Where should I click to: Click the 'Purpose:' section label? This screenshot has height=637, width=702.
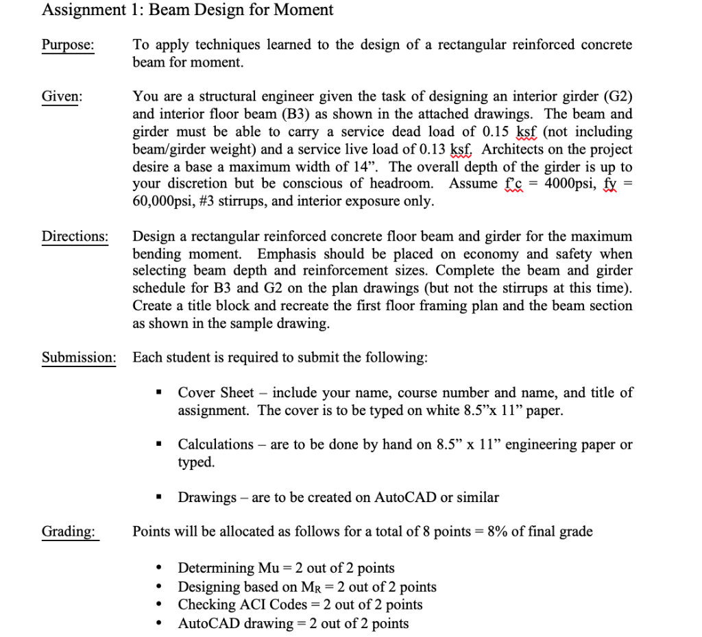click(x=68, y=45)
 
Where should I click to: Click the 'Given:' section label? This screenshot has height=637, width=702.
click(x=62, y=97)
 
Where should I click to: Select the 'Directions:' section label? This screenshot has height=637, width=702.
click(x=75, y=236)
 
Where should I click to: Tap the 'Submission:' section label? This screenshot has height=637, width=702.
click(x=78, y=358)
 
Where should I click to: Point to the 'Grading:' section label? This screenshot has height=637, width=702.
click(x=69, y=532)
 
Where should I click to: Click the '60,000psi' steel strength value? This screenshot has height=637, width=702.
click(x=162, y=201)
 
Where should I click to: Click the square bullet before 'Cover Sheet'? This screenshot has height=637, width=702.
click(x=160, y=394)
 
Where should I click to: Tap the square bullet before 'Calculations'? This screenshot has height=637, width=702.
click(x=160, y=445)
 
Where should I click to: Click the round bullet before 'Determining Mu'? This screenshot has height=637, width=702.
click(x=160, y=569)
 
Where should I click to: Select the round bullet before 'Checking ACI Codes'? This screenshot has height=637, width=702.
click(x=160, y=605)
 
